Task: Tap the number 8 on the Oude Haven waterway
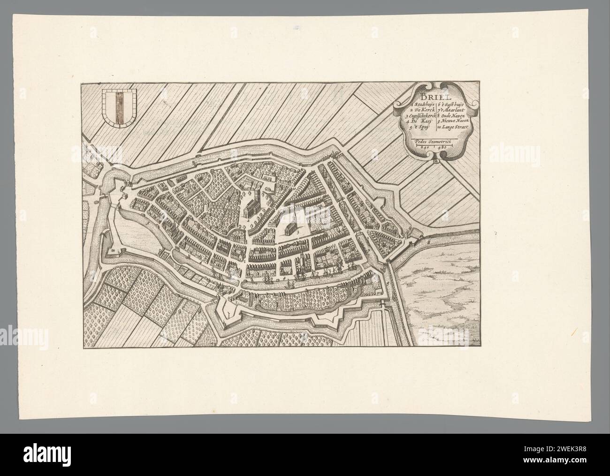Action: click(x=429, y=242)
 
